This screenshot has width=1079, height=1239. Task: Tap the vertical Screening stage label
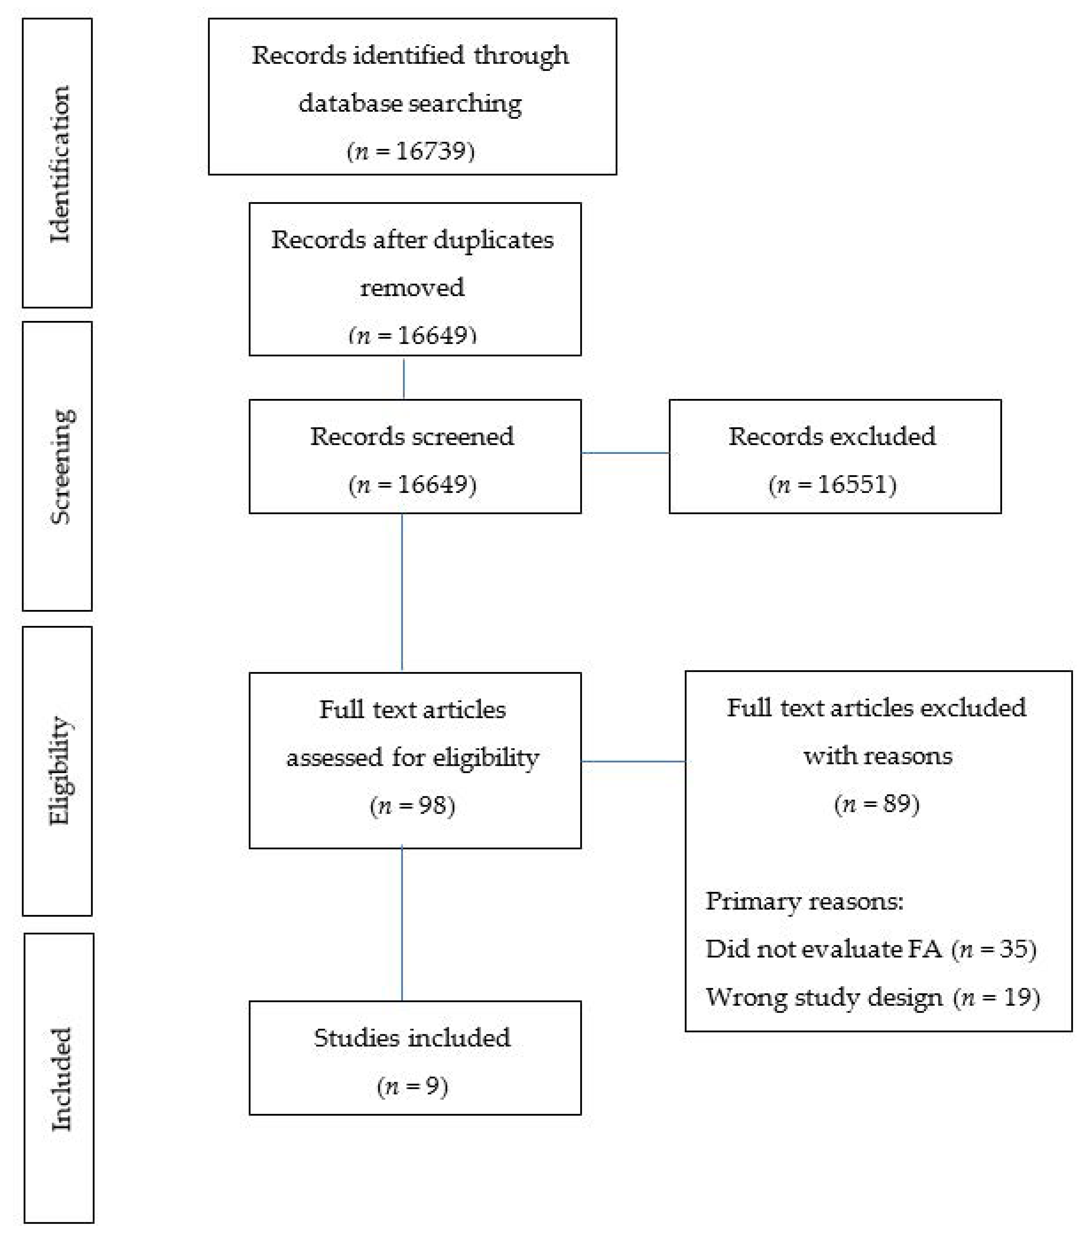click(x=60, y=467)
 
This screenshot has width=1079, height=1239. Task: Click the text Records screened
click(x=412, y=436)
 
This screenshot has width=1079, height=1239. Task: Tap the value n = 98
click(x=413, y=805)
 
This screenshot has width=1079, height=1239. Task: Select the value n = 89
click(x=877, y=804)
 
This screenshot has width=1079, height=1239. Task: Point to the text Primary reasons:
click(x=804, y=901)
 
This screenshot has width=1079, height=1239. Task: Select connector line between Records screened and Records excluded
click(x=625, y=453)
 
